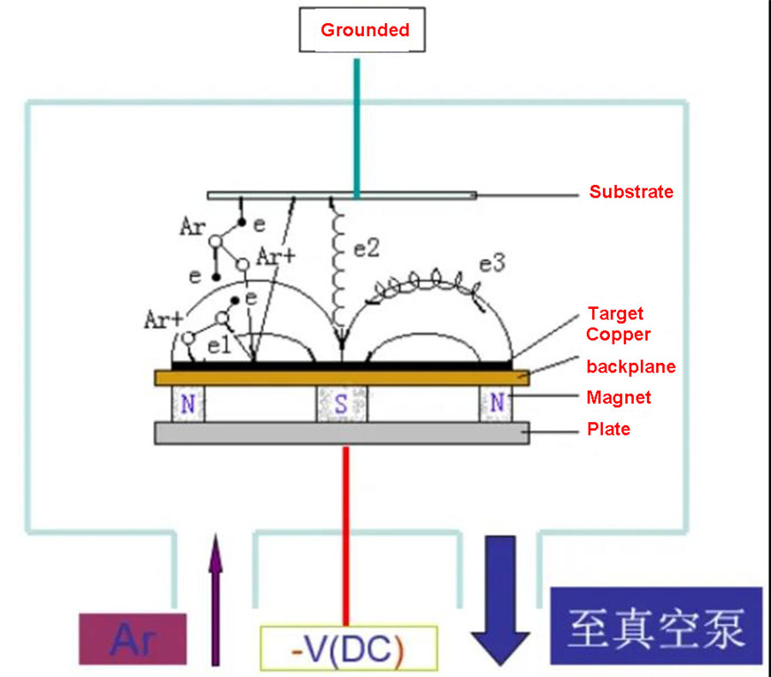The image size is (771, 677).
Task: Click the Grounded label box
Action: click(362, 29)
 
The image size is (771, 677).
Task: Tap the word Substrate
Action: click(631, 192)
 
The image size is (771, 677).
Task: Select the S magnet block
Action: click(342, 404)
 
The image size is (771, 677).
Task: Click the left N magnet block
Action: click(188, 404)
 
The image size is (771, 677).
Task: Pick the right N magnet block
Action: click(496, 404)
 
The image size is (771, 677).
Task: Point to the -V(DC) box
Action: click(349, 648)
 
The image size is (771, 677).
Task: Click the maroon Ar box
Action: click(133, 638)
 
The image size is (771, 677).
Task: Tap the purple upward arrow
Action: click(215, 600)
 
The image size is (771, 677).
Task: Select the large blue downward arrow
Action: click(500, 600)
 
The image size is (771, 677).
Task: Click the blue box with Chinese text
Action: click(656, 626)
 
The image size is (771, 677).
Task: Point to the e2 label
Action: click(367, 248)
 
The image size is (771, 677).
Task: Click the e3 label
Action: click(493, 264)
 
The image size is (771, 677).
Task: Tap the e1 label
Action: click(219, 346)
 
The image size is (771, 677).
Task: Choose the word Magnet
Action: click(619, 397)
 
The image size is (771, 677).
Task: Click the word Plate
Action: click(609, 429)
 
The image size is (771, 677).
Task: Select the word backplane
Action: click(631, 366)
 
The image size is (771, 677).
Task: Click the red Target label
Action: click(616, 313)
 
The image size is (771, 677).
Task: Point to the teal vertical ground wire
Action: click(357, 128)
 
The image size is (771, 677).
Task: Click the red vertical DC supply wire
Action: click(346, 536)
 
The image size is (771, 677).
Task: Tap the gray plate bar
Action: click(342, 433)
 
